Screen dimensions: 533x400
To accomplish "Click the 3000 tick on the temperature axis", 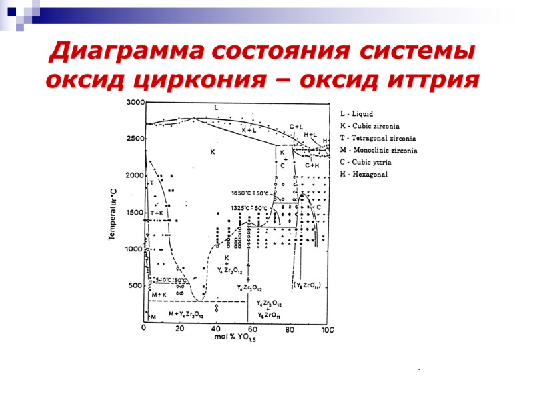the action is pyautogui.click(x=135, y=102).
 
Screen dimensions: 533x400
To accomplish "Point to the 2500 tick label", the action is pyautogui.click(x=135, y=139).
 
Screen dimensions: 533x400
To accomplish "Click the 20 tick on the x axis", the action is pyautogui.click(x=180, y=329).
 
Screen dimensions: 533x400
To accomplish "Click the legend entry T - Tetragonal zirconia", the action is pyautogui.click(x=378, y=138).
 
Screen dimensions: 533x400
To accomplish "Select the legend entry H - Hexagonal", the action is pyautogui.click(x=364, y=175).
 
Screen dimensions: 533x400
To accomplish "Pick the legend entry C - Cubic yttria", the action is pyautogui.click(x=366, y=163).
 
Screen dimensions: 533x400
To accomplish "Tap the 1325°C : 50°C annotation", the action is pyautogui.click(x=249, y=207).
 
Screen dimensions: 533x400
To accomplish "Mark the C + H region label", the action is pyautogui.click(x=313, y=165).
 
